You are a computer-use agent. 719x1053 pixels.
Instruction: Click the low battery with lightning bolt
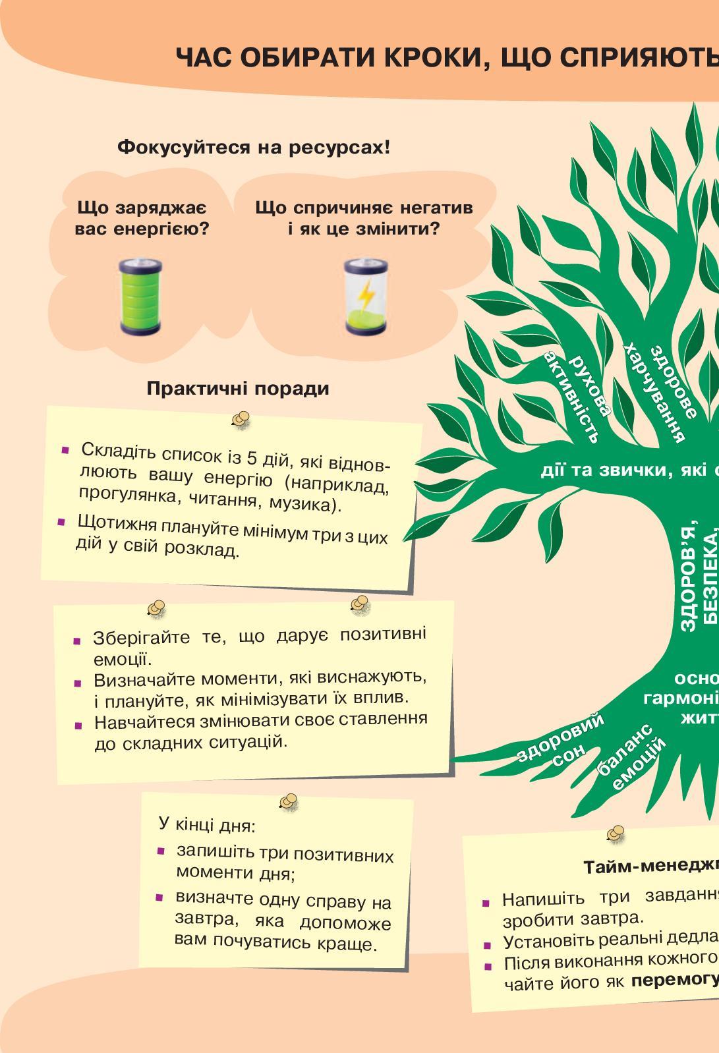(365, 296)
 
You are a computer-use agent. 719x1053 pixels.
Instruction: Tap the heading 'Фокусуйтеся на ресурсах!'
(254, 147)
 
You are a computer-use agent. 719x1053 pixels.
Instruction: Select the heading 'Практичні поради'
(238, 388)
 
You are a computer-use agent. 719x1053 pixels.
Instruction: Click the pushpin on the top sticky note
(241, 420)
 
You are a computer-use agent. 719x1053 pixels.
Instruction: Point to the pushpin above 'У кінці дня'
(289, 801)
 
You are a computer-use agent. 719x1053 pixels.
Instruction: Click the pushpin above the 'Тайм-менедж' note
(616, 833)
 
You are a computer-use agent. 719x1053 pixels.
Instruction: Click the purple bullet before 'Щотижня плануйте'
(61, 522)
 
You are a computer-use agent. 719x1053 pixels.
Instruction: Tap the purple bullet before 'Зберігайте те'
(78, 640)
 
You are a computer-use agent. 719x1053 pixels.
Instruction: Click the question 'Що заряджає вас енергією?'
(142, 219)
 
